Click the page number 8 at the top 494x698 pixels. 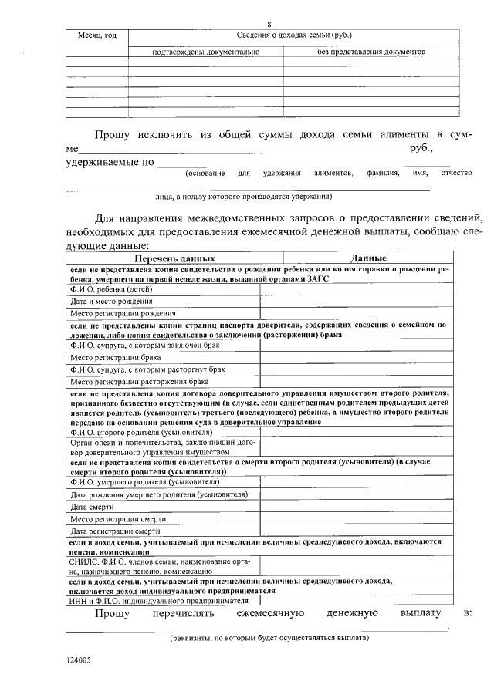pyautogui.click(x=269, y=25)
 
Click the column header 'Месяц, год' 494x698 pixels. pyautogui.click(x=97, y=37)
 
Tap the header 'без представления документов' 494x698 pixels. pyautogui.click(x=371, y=52)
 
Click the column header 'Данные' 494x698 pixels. pyautogui.click(x=368, y=258)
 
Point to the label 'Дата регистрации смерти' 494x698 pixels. pyautogui.click(x=115, y=531)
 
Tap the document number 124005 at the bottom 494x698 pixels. pyautogui.click(x=78, y=660)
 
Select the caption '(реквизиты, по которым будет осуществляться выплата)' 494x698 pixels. pyautogui.click(x=269, y=637)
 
